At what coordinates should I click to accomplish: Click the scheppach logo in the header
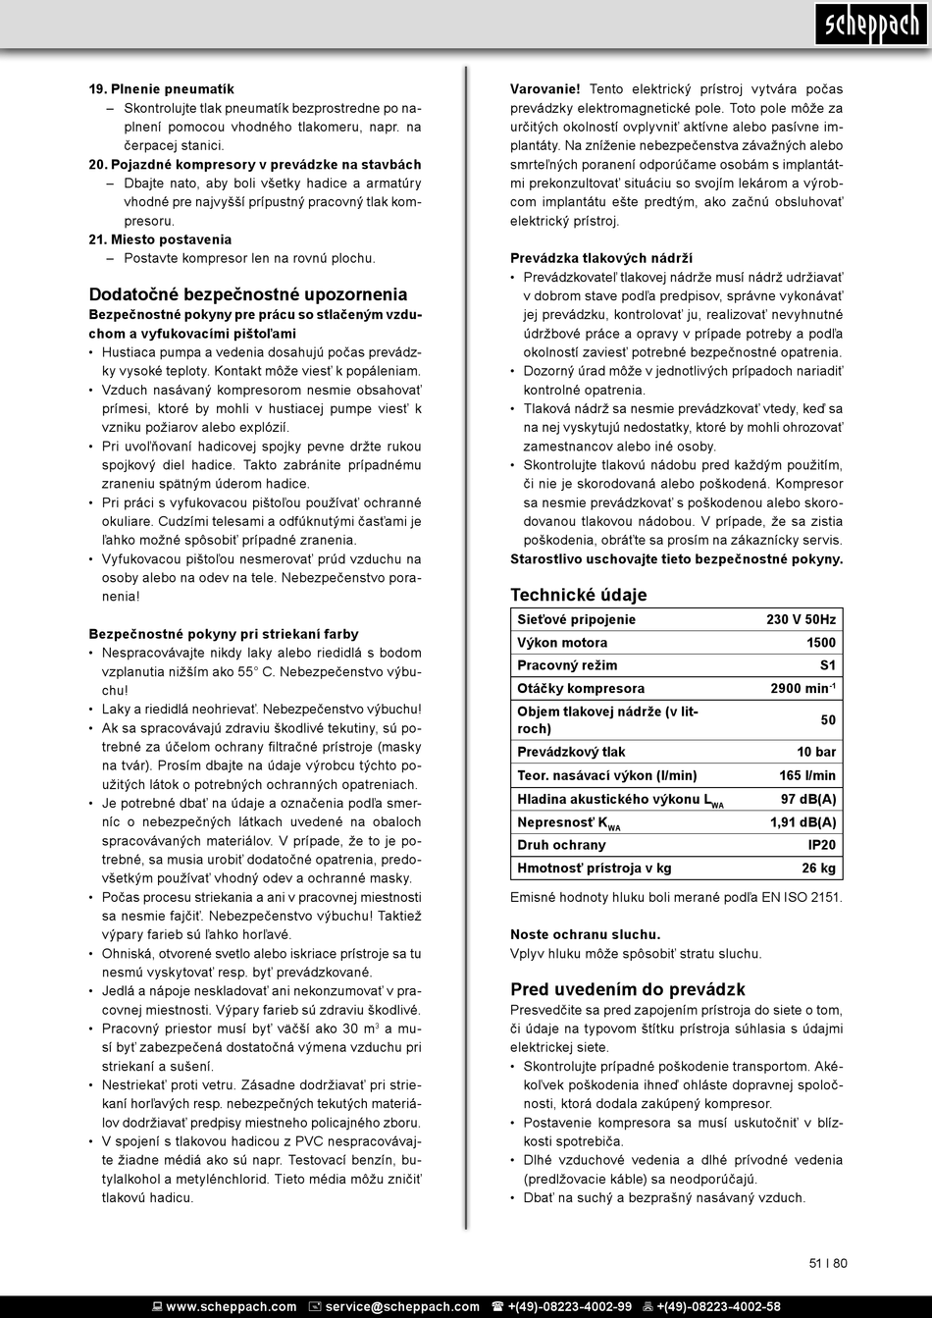[x=870, y=25]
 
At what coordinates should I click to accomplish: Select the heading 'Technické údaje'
[x=579, y=595]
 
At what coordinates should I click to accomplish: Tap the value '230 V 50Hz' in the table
[x=801, y=619]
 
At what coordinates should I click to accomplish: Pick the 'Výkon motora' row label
[x=562, y=643]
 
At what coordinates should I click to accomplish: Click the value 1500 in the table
[x=821, y=643]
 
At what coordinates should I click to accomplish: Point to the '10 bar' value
[x=816, y=752]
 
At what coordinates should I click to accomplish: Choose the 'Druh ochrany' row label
[x=561, y=845]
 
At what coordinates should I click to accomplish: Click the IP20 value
[x=822, y=845]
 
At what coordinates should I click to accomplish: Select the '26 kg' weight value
[x=818, y=868]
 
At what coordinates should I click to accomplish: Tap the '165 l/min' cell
[x=807, y=775]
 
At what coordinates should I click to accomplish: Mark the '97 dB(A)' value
[x=808, y=799]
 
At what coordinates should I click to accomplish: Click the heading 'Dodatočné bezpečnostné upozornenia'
[x=248, y=294]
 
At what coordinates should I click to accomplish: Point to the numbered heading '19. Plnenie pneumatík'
[x=162, y=89]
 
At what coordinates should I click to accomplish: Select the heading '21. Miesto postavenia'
[x=160, y=239]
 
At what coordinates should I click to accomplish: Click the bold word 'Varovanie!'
[x=545, y=89]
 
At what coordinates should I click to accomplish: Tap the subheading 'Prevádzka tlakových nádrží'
[x=601, y=259]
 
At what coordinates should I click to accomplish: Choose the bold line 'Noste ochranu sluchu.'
[x=586, y=934]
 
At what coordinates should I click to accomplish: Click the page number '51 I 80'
[x=828, y=1263]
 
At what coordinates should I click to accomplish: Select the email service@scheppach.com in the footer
[x=402, y=1306]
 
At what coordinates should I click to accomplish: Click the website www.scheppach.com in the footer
[x=231, y=1306]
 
